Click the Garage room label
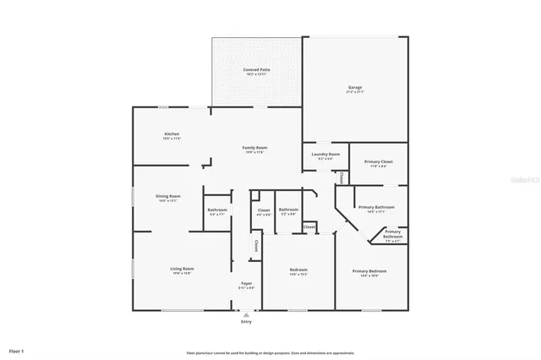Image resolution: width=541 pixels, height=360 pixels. (x=355, y=87)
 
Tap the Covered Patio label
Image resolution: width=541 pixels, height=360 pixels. (x=256, y=69)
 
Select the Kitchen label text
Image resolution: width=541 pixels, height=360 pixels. (x=172, y=134)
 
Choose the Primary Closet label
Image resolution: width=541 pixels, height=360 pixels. (x=378, y=161)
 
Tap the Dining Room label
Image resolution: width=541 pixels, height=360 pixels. (x=168, y=196)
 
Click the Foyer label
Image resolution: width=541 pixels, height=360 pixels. (x=246, y=283)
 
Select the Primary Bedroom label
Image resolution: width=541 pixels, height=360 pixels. (x=369, y=270)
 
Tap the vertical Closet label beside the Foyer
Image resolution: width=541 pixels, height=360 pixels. (x=254, y=245)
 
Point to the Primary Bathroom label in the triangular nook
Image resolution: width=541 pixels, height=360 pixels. (x=392, y=234)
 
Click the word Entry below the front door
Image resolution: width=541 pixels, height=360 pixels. (x=246, y=322)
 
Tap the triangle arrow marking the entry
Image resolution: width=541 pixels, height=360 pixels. (x=246, y=314)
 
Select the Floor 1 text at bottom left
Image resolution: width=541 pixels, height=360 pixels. (x=17, y=350)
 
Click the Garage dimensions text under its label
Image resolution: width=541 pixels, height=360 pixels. (x=355, y=92)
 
